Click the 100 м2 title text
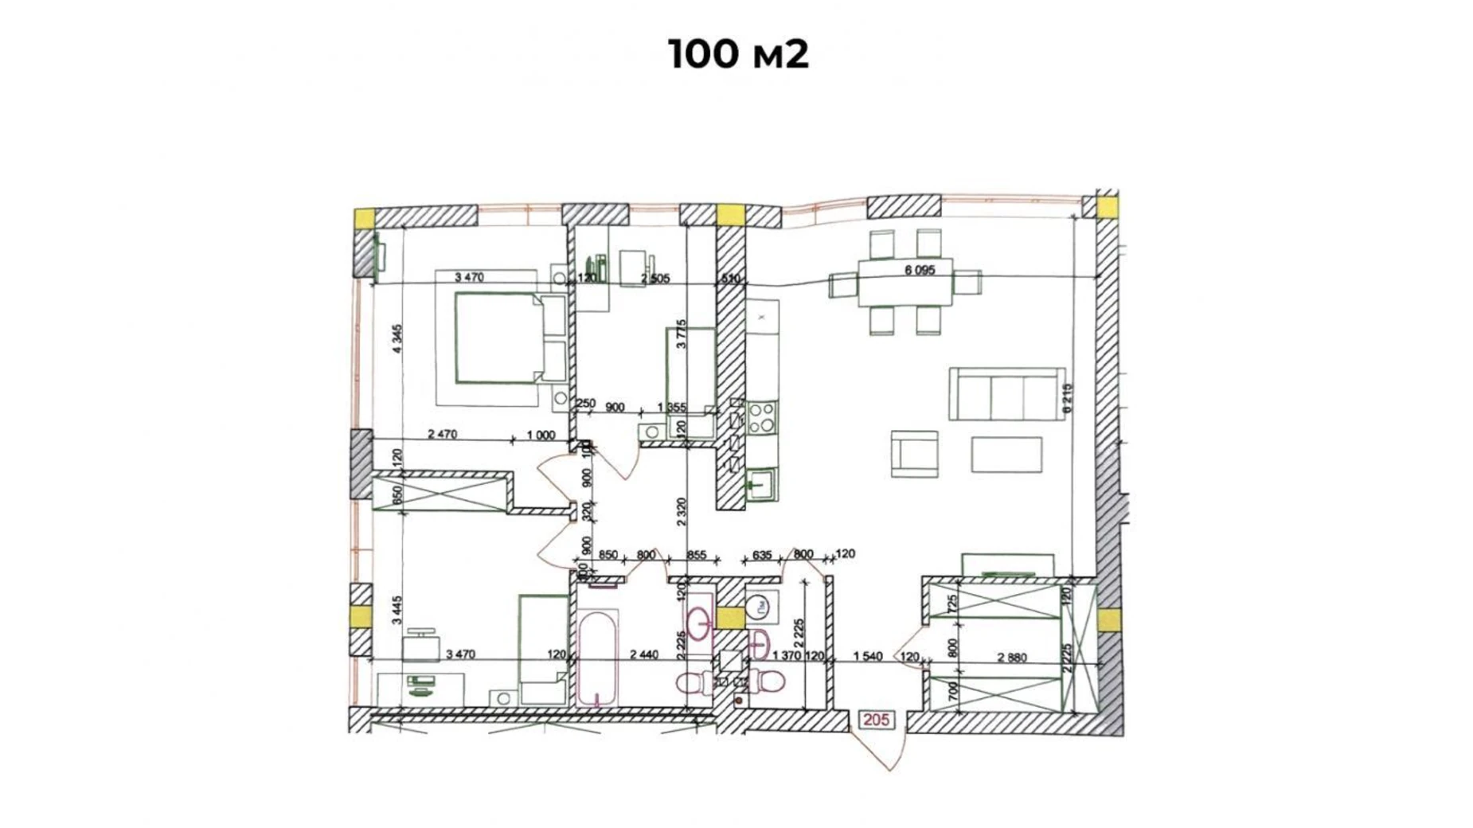[738, 54]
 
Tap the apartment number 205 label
[876, 720]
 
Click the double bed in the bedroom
[510, 338]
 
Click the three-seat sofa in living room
[1006, 394]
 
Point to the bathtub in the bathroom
[597, 658]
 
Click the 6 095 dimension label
[920, 271]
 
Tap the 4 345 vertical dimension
[397, 338]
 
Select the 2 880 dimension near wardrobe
[1012, 658]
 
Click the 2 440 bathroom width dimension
[643, 654]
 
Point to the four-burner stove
[761, 417]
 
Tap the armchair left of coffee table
[914, 455]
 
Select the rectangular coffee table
[1006, 455]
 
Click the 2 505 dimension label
[655, 279]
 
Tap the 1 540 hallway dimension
[867, 657]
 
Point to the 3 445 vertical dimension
[397, 610]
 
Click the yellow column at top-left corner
[365, 218]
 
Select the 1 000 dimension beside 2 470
[541, 435]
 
